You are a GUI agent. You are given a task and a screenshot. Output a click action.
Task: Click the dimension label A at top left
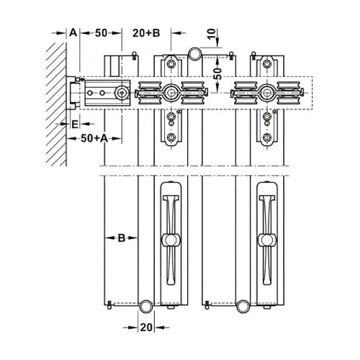[72, 33]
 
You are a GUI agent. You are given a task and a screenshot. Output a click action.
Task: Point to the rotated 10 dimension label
[210, 34]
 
